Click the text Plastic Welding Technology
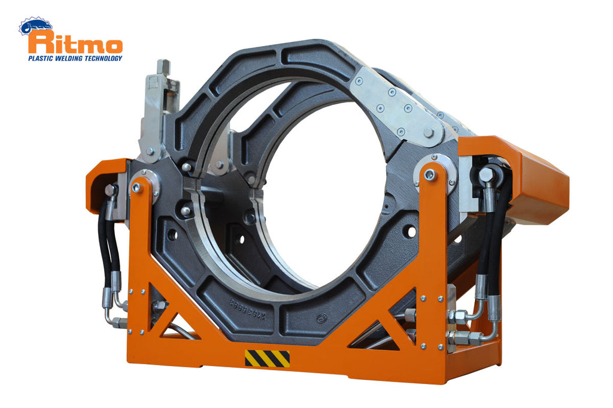[x=75, y=58]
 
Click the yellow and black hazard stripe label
[x=267, y=358]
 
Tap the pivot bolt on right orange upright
[x=429, y=175]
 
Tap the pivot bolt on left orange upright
[x=136, y=187]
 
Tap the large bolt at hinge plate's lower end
[x=429, y=133]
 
